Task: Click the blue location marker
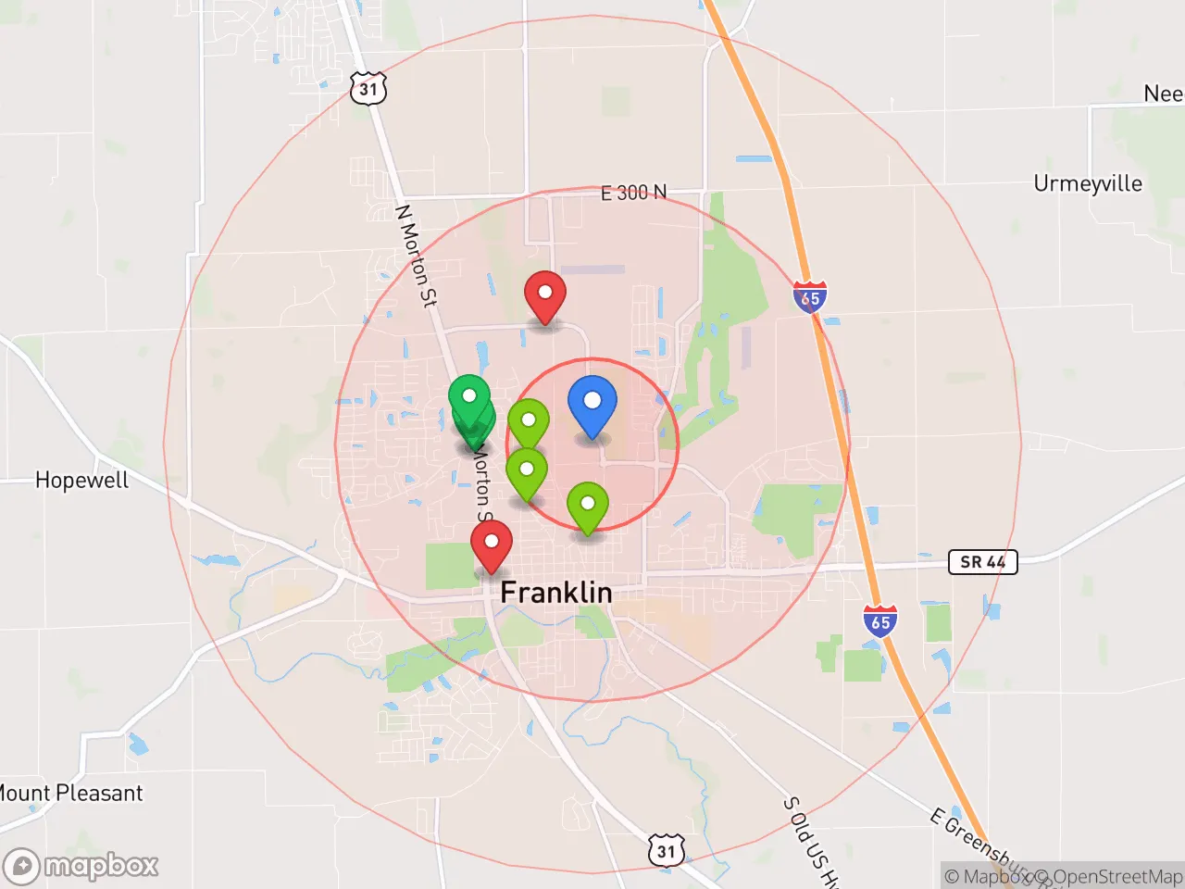[x=592, y=405]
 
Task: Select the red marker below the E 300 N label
[x=545, y=296]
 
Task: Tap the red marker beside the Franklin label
[x=492, y=545]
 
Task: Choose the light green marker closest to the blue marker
[x=529, y=424]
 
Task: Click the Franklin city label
[x=555, y=593]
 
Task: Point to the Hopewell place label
[x=81, y=480]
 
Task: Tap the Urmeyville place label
[x=1088, y=183]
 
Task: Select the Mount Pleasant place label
[x=71, y=794]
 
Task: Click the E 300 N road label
[x=633, y=193]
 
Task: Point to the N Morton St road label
[x=416, y=256]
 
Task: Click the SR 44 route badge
[x=982, y=562]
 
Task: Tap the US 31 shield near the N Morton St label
[x=368, y=89]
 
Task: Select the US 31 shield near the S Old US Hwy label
[x=667, y=851]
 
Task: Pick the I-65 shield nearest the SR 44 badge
[x=880, y=622]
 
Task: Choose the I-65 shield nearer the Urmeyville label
[x=810, y=297]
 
